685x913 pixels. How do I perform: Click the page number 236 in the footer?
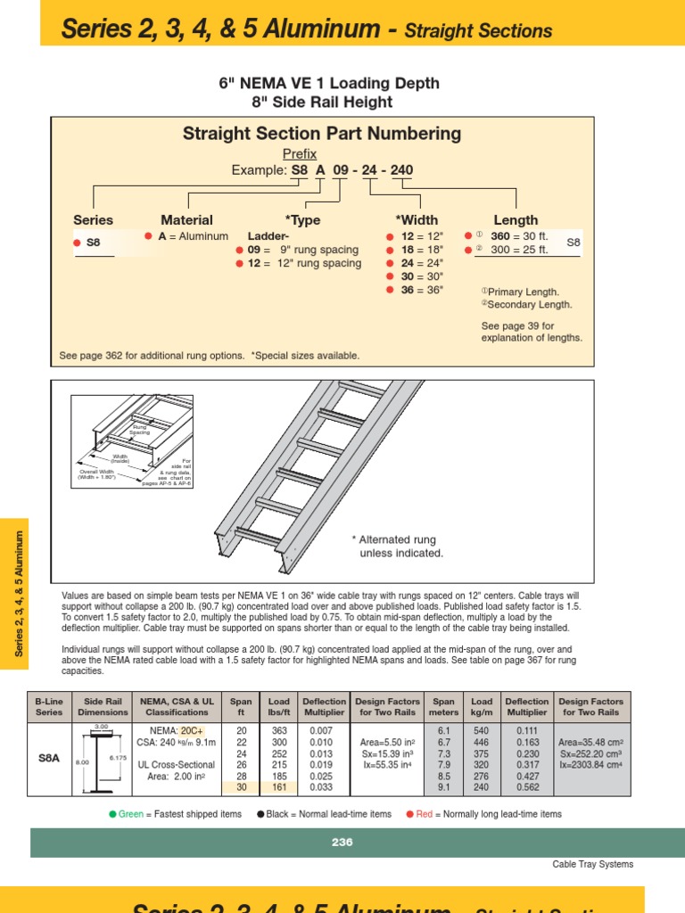342,842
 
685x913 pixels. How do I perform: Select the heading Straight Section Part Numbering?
322,134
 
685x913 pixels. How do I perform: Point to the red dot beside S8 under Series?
77,242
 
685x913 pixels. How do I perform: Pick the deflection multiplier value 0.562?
526,787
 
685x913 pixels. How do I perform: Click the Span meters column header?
443,707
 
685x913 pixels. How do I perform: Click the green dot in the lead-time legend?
112,814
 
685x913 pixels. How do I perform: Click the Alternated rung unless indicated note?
398,547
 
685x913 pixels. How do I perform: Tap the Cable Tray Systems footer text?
593,864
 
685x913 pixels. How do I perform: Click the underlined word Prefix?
300,154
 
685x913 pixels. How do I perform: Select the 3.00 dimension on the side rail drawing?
101,727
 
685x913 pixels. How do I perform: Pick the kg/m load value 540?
482,730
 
